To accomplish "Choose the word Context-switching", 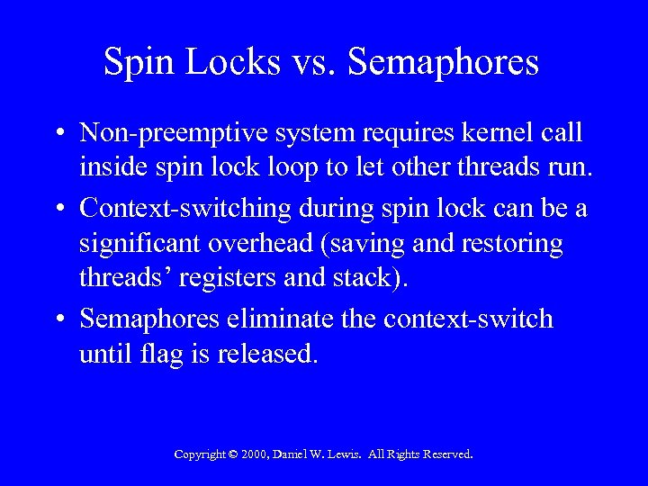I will pos(185,209).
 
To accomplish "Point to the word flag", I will pos(162,354).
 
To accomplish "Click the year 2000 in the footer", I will pos(256,454).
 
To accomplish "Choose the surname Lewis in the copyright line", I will pos(353,454).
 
